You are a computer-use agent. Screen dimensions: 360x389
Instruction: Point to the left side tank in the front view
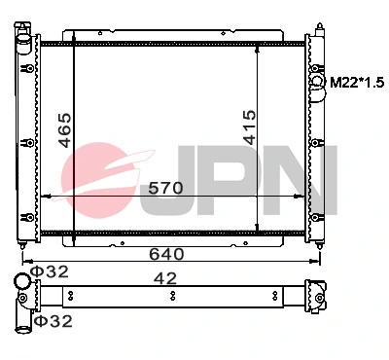[x=25, y=136]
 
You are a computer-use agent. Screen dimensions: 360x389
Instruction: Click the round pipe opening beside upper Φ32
[x=21, y=283]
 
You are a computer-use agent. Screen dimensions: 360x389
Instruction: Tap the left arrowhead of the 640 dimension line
[x=24, y=260]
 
